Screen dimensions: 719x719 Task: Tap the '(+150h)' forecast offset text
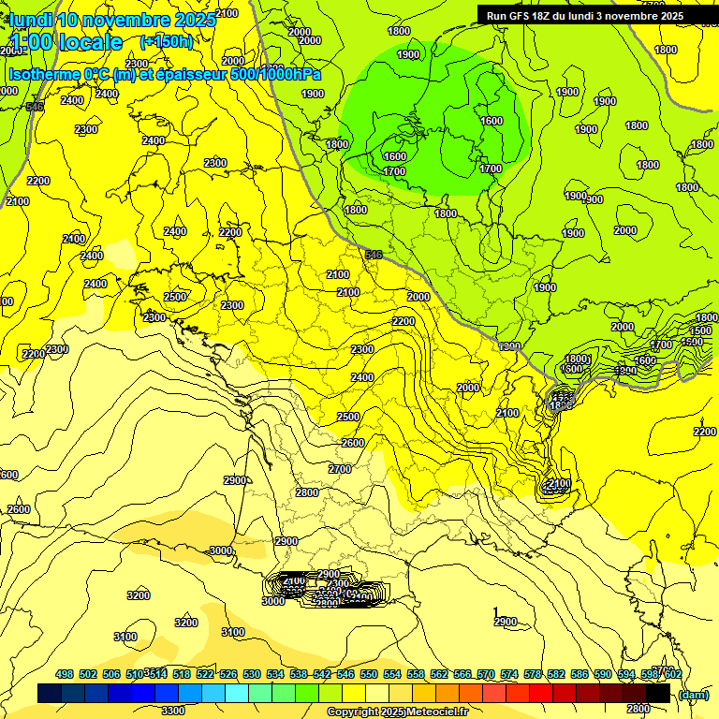pyautogui.click(x=166, y=41)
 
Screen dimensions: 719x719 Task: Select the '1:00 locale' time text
pyautogui.click(x=66, y=42)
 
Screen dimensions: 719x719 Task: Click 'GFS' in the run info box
pyautogui.click(x=522, y=15)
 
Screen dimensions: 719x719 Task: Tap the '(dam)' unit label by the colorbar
pyautogui.click(x=693, y=694)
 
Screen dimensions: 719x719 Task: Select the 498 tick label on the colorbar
pyautogui.click(x=65, y=674)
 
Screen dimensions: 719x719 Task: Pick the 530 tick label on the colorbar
pyautogui.click(x=252, y=674)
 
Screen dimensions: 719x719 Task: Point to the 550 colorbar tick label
pyautogui.click(x=369, y=674)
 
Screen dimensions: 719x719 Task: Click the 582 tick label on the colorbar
pyautogui.click(x=556, y=674)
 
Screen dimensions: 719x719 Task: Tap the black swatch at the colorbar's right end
pyautogui.click(x=658, y=694)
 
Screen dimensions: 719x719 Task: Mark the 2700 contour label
pyautogui.click(x=340, y=468)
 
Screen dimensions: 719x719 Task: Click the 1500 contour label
pyautogui.click(x=700, y=330)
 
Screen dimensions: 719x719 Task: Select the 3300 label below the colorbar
pyautogui.click(x=173, y=711)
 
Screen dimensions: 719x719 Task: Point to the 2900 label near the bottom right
pyautogui.click(x=505, y=622)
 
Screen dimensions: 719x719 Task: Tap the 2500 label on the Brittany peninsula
pyautogui.click(x=175, y=297)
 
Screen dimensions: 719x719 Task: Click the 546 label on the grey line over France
pyautogui.click(x=374, y=255)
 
